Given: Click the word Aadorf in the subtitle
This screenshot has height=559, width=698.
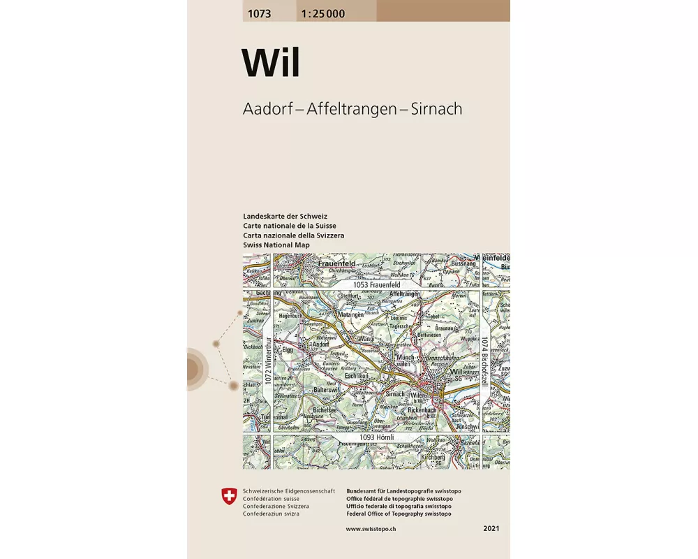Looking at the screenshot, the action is click(x=267, y=109).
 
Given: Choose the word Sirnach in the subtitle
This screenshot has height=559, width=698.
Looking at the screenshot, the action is click(x=437, y=109).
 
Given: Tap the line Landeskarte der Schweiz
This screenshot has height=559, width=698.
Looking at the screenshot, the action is click(x=285, y=217).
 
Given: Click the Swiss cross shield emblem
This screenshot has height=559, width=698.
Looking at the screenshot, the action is click(x=228, y=498).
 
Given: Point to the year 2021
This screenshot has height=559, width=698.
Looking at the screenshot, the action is click(x=491, y=530).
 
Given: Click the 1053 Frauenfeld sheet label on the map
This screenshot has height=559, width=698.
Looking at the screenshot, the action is click(x=376, y=285).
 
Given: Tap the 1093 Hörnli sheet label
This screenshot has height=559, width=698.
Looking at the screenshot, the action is click(x=378, y=437).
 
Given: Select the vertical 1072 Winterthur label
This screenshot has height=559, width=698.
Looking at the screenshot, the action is click(x=267, y=362).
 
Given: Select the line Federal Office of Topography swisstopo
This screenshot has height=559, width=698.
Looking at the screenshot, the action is click(x=398, y=514).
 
